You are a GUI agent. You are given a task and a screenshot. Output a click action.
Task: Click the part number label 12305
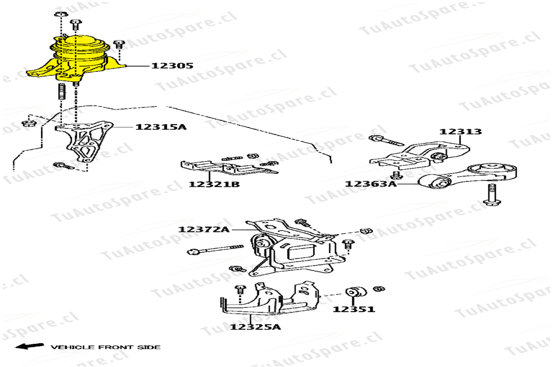[172, 66]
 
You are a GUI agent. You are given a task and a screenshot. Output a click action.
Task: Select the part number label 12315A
[161, 127]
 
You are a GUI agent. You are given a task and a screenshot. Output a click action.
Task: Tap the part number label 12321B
[214, 184]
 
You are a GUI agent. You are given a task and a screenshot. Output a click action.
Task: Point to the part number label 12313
[460, 132]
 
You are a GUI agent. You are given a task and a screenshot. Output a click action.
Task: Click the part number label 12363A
[371, 184]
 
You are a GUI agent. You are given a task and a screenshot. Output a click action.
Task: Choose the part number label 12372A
[204, 229]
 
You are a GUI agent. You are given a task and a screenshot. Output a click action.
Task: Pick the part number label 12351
[354, 309]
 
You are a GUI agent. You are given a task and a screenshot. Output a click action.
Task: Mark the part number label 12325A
[255, 326]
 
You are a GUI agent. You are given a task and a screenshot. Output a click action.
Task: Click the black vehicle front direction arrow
[30, 346]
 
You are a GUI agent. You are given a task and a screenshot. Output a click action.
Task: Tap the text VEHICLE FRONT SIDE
[106, 347]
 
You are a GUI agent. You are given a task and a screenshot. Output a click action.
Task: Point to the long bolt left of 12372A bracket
[215, 249]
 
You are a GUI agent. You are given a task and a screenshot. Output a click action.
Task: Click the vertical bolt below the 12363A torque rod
[492, 195]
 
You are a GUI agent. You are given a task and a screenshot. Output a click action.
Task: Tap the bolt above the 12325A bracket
[240, 293]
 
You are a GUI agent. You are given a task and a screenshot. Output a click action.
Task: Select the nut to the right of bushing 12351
[379, 289]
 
